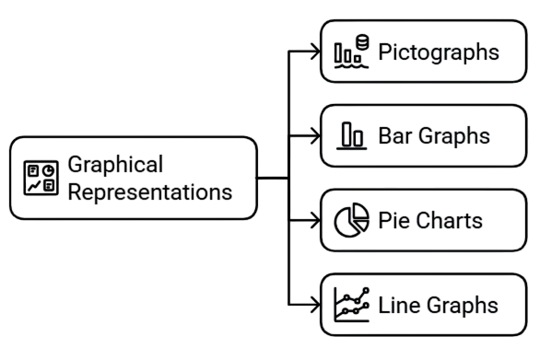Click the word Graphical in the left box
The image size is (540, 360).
point(115,165)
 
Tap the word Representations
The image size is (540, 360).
point(149,192)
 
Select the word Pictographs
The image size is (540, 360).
point(440,52)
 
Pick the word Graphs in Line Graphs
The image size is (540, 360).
point(461,305)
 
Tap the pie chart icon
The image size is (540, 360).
point(350,221)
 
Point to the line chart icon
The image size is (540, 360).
point(351,305)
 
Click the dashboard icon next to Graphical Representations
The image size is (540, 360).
point(40,179)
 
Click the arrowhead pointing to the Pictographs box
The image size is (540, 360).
point(315,52)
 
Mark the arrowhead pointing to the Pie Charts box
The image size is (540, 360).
point(315,221)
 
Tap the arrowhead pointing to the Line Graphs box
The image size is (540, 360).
point(315,305)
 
